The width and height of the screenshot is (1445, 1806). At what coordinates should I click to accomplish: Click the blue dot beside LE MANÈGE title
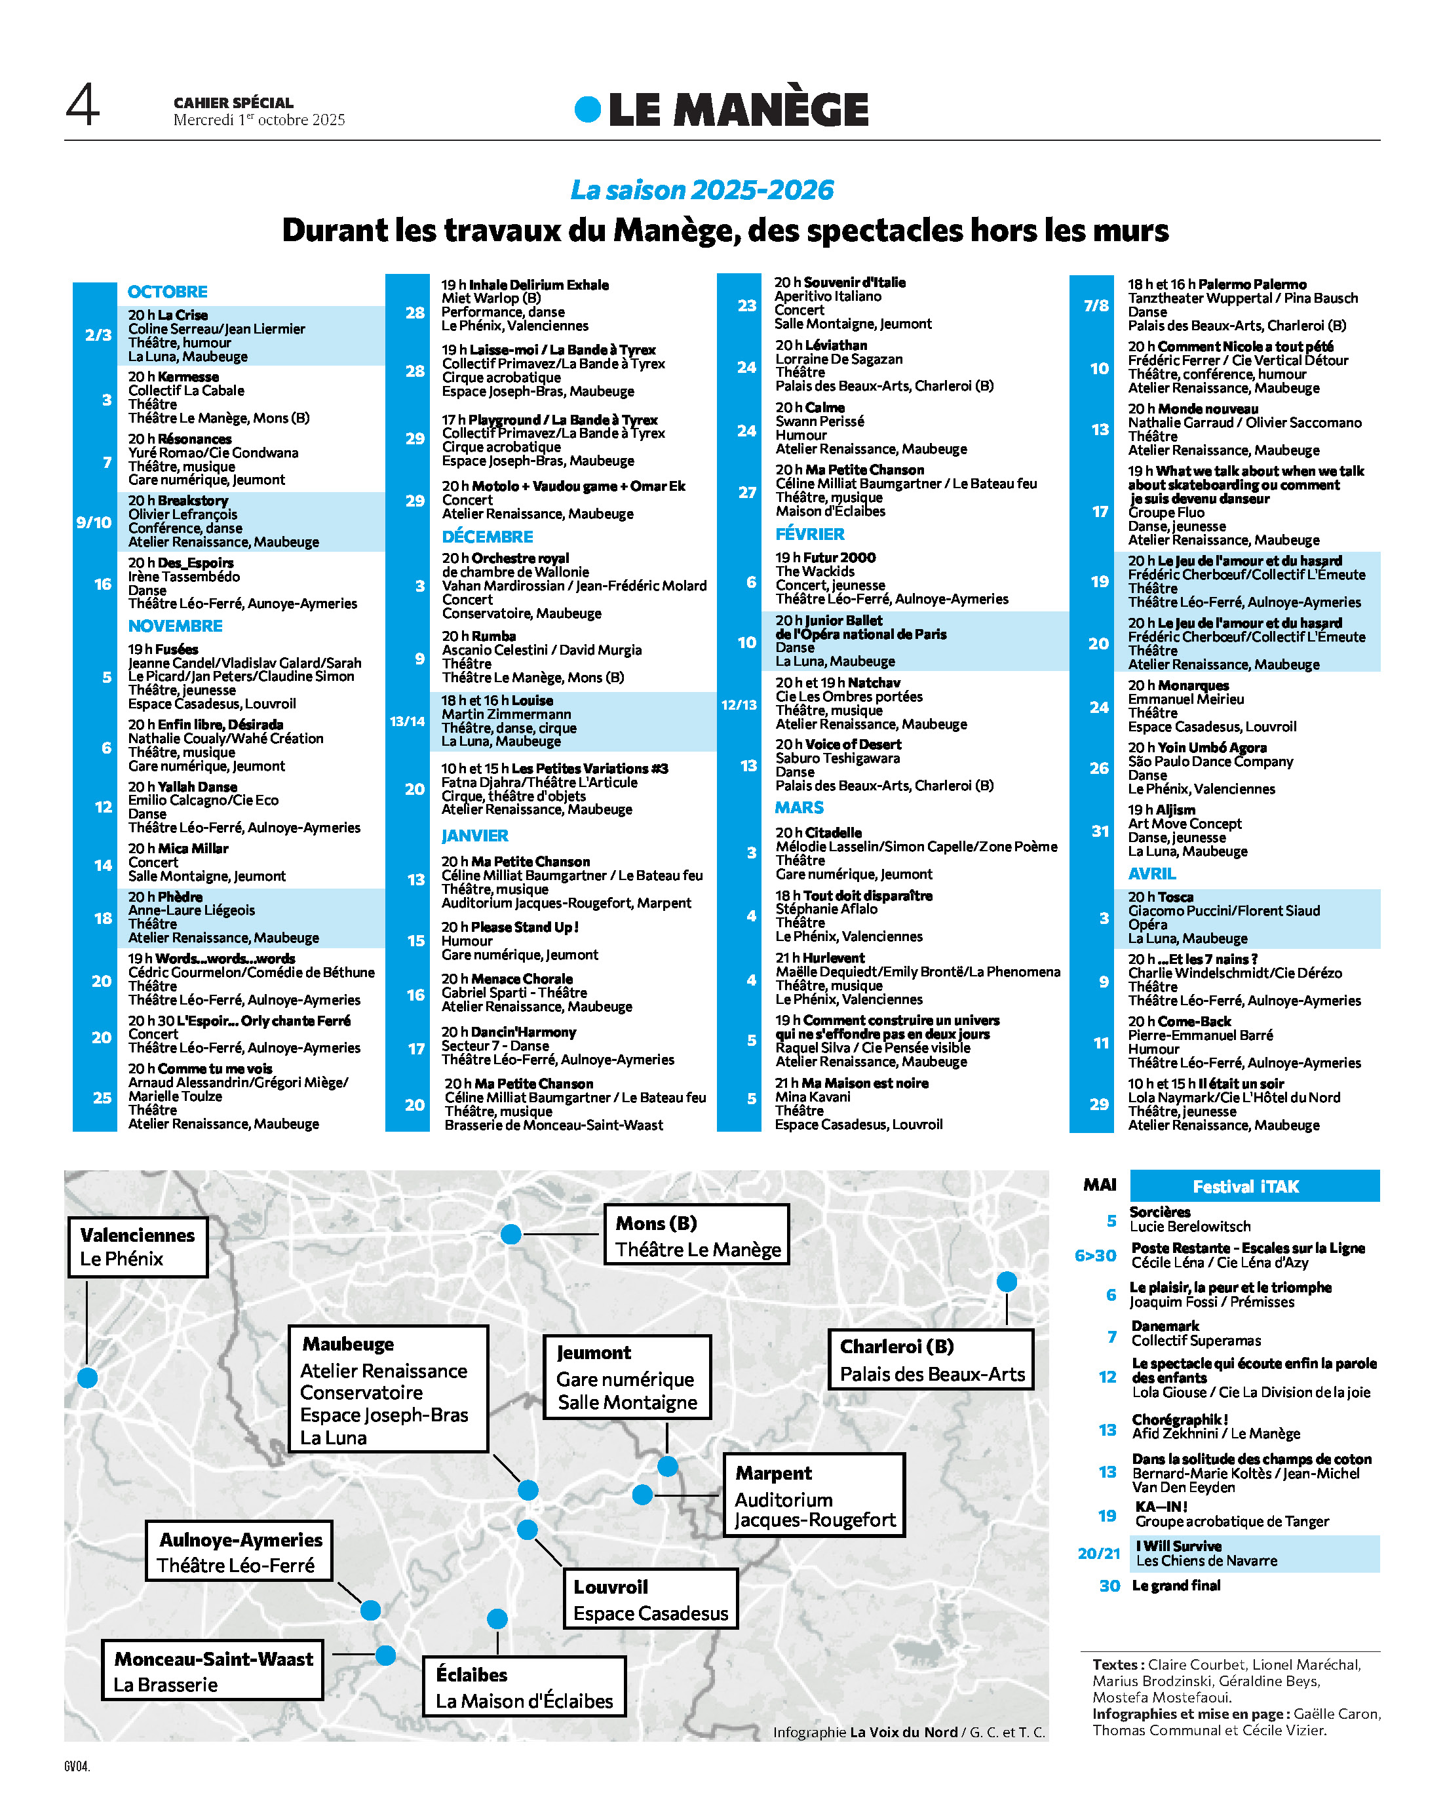[x=587, y=109]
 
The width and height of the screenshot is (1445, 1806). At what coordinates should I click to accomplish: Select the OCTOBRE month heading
[x=168, y=292]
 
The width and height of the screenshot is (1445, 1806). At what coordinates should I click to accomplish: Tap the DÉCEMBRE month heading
[x=487, y=536]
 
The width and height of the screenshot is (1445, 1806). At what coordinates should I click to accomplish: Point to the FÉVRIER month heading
[x=809, y=533]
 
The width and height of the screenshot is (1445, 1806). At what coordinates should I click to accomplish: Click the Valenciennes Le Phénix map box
[x=138, y=1246]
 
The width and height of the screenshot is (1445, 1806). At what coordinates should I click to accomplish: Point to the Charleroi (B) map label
[x=896, y=1346]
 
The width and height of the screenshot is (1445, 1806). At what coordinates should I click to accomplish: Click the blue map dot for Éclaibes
[x=497, y=1619]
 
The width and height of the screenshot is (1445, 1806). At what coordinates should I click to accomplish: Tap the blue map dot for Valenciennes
[x=87, y=1377]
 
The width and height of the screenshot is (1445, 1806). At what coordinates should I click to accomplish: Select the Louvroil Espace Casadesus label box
[x=650, y=1599]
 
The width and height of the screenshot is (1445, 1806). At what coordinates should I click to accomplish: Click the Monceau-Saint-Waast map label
[x=213, y=1659]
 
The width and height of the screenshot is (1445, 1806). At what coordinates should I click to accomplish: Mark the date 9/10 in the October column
[x=94, y=522]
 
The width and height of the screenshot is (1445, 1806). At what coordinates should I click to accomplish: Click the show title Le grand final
[x=1176, y=1585]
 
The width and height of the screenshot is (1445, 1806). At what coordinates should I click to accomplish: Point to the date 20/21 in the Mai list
[x=1098, y=1553]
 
